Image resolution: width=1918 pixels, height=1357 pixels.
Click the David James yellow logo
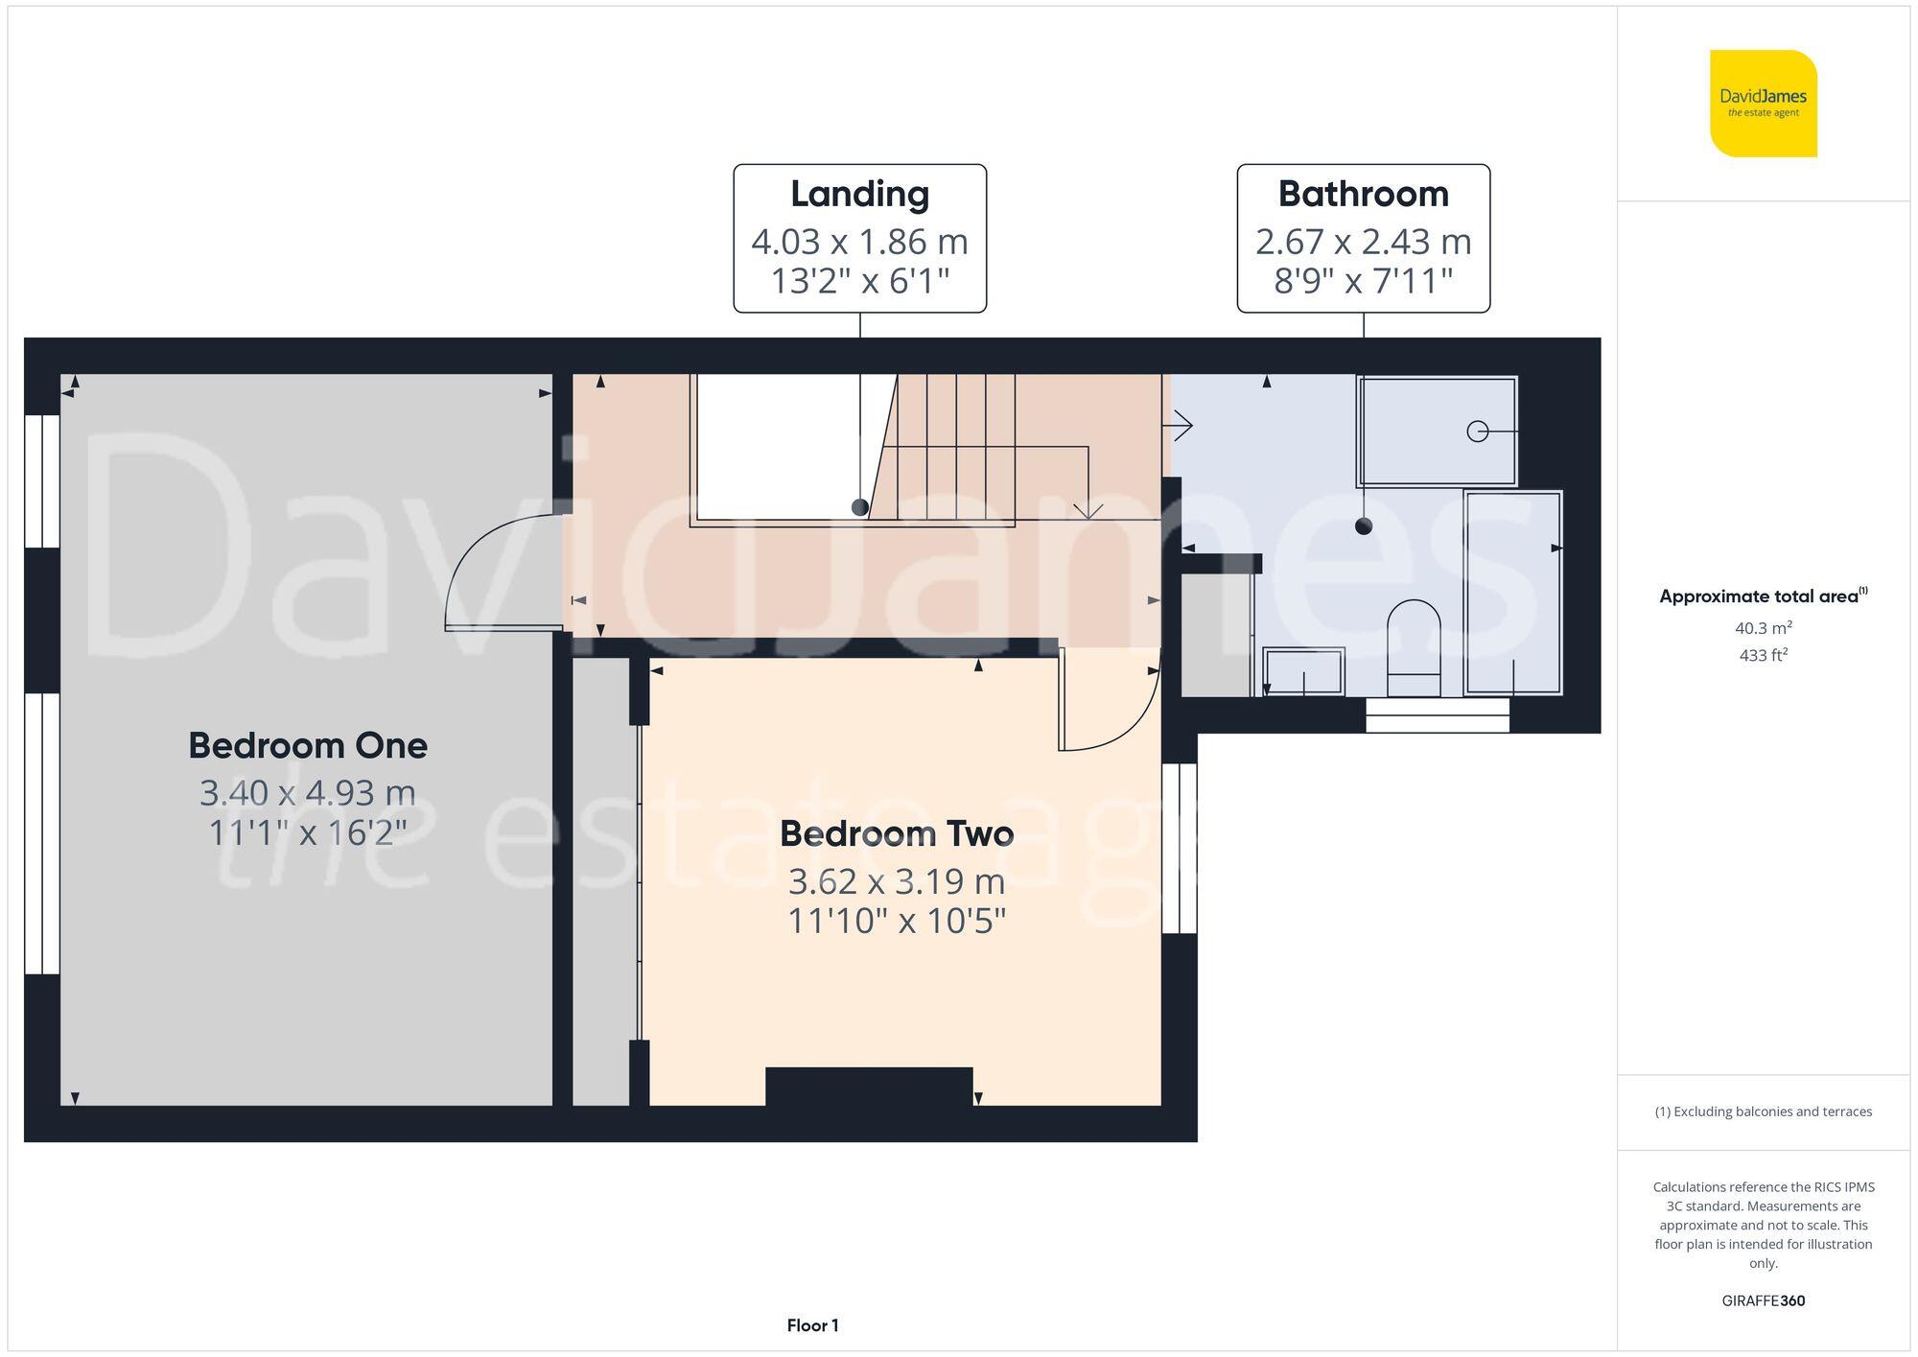point(1763,104)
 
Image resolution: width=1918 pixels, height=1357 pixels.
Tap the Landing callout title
point(859,194)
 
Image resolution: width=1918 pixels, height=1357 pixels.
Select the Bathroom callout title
point(1363,194)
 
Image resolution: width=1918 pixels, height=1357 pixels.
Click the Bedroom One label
point(307,745)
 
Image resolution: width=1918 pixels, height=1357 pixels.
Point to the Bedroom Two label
point(896,833)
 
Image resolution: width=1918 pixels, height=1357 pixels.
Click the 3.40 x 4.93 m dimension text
point(307,793)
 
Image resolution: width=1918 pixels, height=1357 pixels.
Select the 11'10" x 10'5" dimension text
point(896,921)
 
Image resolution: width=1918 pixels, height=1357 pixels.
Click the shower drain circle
point(1477,432)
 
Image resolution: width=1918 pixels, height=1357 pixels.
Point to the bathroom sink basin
point(1303,670)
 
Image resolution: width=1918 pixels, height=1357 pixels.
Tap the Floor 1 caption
point(812,1325)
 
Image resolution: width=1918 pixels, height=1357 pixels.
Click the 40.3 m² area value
point(1763,628)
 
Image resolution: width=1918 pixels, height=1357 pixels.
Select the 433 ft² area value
point(1763,656)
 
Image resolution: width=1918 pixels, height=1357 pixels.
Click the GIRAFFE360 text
point(1763,1300)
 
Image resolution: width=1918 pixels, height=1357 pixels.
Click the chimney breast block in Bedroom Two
point(868,1086)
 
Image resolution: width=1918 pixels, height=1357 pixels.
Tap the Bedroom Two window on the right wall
point(1180,848)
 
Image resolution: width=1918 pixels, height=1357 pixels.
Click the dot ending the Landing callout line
point(860,507)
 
